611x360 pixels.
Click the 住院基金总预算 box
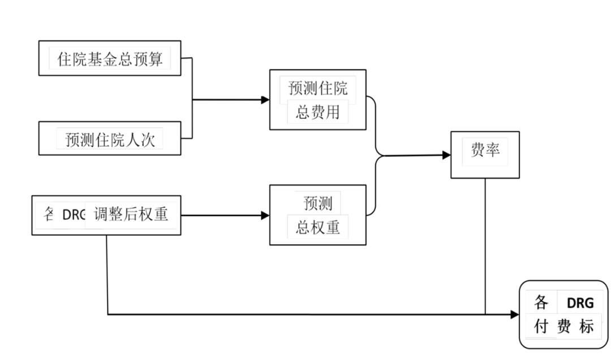pyautogui.click(x=110, y=58)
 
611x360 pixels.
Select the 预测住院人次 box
pyautogui.click(x=110, y=139)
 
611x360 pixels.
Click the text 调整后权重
pyautogui.click(x=131, y=215)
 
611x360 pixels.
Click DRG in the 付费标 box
pyautogui.click(x=580, y=303)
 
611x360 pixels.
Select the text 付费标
pyautogui.click(x=563, y=327)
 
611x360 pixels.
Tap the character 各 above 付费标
pyautogui.click(x=541, y=303)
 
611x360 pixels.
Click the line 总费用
pyautogui.click(x=318, y=112)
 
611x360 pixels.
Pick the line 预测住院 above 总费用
pyautogui.click(x=318, y=89)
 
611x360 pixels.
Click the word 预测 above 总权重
pyautogui.click(x=318, y=203)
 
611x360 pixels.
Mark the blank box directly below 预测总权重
pyautogui.click(x=320, y=291)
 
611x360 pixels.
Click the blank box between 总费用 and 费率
pyautogui.click(x=412, y=131)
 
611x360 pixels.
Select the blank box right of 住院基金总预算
pyautogui.click(x=230, y=79)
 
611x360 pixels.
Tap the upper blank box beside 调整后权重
pyautogui.click(x=220, y=195)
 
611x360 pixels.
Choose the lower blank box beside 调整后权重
pyautogui.click(x=220, y=234)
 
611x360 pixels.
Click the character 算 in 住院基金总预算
pyautogui.click(x=156, y=59)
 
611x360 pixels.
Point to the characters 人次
pyautogui.click(x=140, y=139)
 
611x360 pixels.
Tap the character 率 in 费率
pyautogui.click(x=493, y=149)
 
